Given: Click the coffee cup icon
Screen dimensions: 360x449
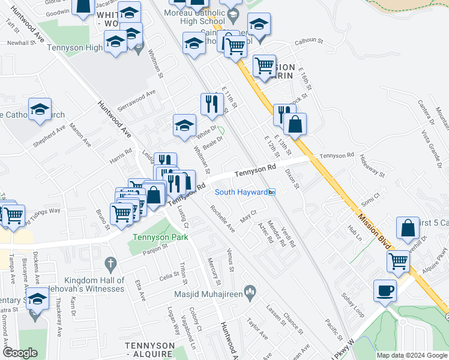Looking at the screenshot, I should point(385,291).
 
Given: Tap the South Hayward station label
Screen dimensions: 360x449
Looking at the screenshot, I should point(241,192).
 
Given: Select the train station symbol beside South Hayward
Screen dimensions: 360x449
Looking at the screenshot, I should point(272,192).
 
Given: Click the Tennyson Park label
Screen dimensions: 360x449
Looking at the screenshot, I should point(160,237).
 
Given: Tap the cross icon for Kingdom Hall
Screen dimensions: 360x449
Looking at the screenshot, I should point(109,263).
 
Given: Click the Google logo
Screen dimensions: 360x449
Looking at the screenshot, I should point(20,353).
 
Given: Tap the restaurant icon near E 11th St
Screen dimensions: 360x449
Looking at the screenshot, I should point(210,104).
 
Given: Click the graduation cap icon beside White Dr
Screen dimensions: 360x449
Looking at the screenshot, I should point(185,125).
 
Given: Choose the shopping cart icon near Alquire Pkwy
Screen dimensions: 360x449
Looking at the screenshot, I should point(399,261).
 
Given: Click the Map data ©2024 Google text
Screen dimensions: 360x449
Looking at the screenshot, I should point(411,355).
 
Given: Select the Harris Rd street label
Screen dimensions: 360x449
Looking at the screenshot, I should point(120,157).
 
